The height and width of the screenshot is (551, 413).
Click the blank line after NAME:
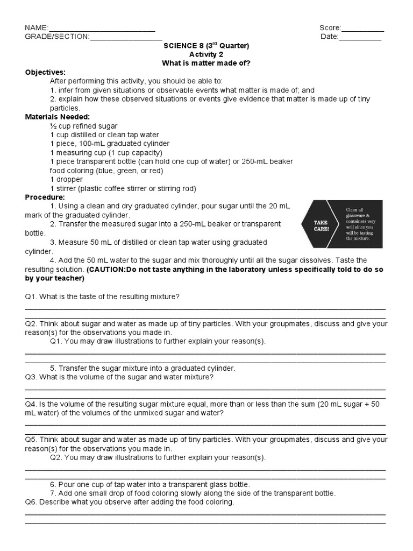(x=102, y=29)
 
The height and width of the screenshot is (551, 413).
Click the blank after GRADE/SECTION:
(x=126, y=37)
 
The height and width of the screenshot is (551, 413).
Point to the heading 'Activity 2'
(x=206, y=54)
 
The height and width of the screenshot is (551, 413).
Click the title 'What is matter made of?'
(x=206, y=63)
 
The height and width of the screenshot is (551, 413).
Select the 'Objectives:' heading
(x=46, y=72)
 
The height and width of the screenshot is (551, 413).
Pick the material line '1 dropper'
(x=66, y=180)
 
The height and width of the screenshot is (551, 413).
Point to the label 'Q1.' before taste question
(x=31, y=296)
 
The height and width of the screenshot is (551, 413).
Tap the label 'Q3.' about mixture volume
(x=31, y=377)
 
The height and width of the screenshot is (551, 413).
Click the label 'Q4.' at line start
(x=31, y=404)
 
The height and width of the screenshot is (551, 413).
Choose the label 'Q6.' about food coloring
(x=31, y=502)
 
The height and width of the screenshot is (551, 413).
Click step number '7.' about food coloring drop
(x=53, y=493)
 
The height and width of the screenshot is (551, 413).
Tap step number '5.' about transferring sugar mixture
(x=53, y=368)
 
